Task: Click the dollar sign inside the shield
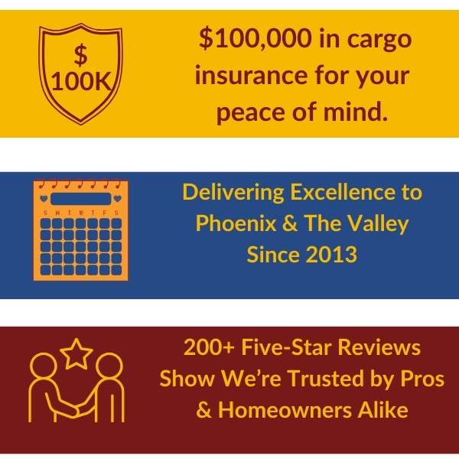[x=80, y=55]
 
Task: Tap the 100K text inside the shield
[x=81, y=82]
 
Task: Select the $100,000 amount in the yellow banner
[x=256, y=39]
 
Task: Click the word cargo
[x=379, y=41]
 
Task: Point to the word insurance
[x=252, y=75]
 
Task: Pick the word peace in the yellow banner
[x=251, y=113]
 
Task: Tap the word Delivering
[x=233, y=194]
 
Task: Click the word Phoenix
[x=236, y=223]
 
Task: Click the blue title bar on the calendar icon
[x=81, y=199]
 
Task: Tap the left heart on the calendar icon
[x=44, y=198]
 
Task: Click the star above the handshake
[x=76, y=353]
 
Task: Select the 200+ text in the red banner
[x=210, y=347]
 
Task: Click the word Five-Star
[x=286, y=347]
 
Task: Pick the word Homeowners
[x=285, y=410]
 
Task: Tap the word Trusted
[x=322, y=379]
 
